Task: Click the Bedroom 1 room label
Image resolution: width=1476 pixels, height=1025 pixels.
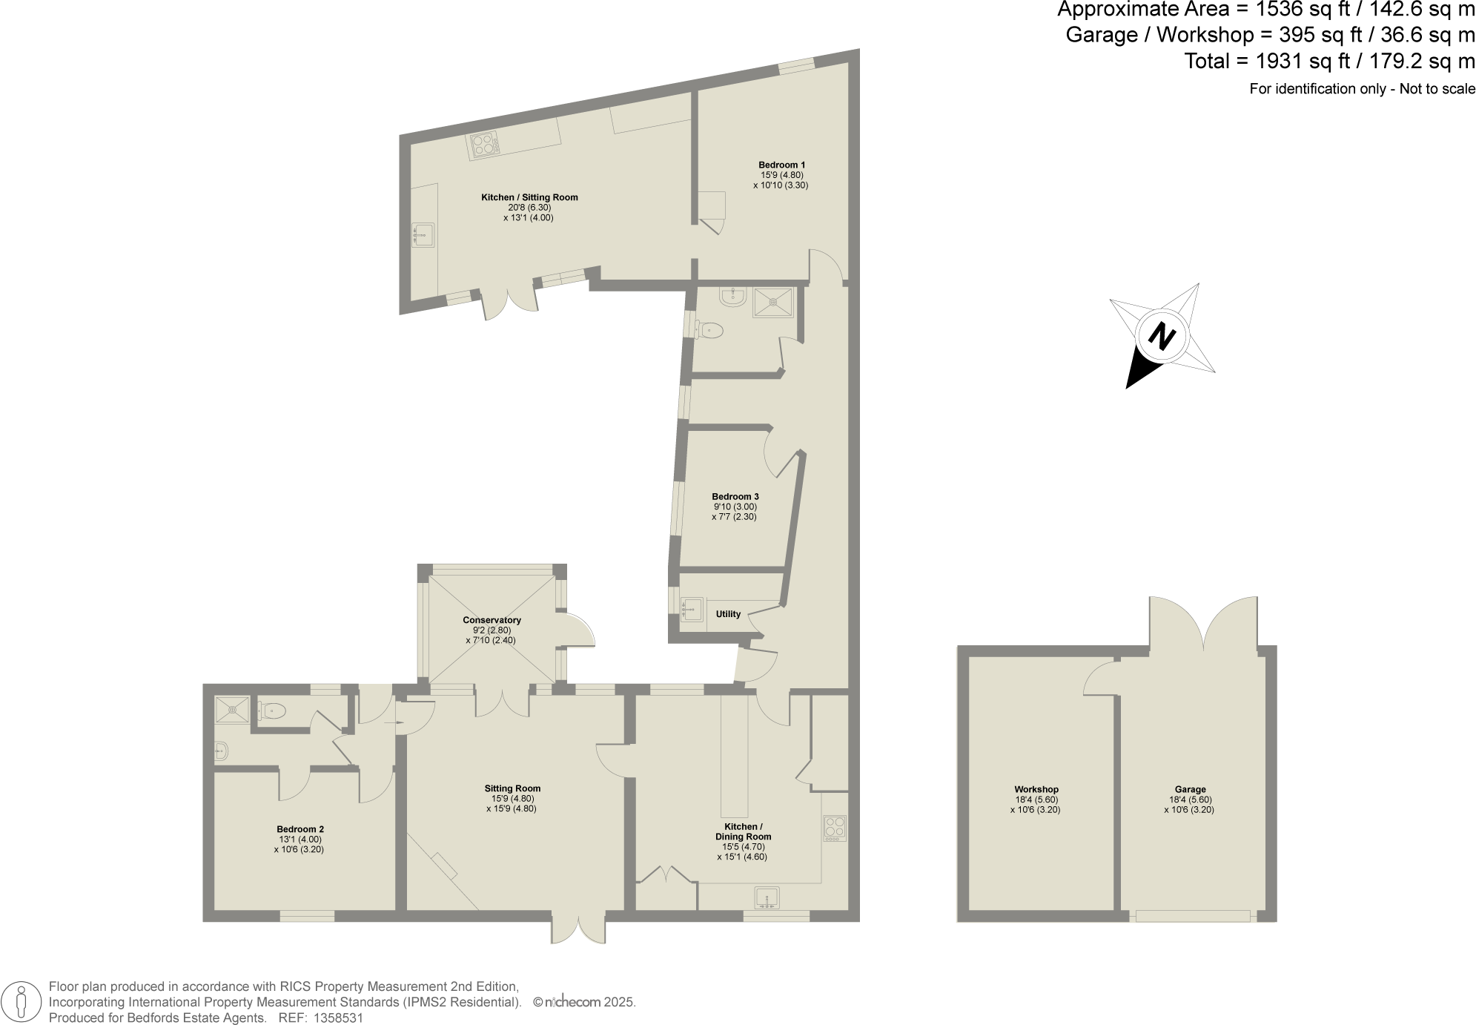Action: (x=781, y=165)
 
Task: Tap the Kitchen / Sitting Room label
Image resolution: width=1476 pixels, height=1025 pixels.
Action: (x=529, y=197)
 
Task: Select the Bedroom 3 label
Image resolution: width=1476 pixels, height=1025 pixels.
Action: (x=735, y=496)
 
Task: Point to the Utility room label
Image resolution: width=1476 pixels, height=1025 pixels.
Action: (x=728, y=614)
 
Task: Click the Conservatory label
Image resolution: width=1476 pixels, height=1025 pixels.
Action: (x=492, y=620)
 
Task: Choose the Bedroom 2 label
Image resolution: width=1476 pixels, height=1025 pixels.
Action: (x=299, y=829)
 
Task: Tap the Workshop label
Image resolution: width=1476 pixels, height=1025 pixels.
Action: (x=1036, y=789)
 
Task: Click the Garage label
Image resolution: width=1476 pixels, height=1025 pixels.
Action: (x=1190, y=789)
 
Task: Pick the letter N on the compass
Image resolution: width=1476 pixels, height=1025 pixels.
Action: (x=1162, y=337)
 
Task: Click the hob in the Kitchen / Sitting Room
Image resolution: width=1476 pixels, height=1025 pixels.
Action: (x=484, y=145)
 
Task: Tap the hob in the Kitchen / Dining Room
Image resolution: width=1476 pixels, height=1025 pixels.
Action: (x=835, y=828)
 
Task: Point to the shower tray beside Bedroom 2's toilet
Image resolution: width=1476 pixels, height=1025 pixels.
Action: (x=232, y=710)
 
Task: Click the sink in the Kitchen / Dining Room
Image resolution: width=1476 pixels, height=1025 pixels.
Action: (x=767, y=898)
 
